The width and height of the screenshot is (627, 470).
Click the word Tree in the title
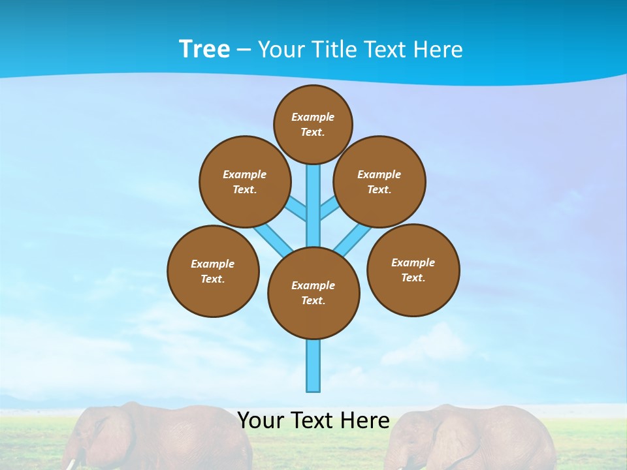204,50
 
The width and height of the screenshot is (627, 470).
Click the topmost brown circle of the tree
313,124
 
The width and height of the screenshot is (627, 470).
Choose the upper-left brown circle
245,181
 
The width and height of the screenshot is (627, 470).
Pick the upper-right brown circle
379,181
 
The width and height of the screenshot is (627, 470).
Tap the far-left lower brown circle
213,271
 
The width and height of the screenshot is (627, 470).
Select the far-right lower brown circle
413,270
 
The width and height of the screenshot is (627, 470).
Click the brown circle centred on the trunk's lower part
313,293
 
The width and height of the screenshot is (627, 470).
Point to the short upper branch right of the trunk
329,210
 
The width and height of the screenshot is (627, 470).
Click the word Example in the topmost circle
313,117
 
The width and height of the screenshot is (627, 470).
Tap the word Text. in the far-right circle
413,277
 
